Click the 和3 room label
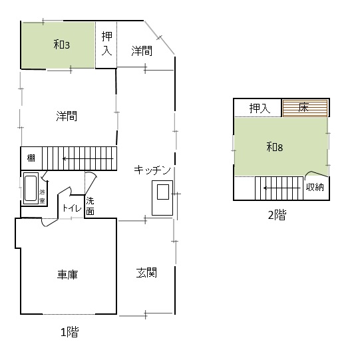coord(61,45)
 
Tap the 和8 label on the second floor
coord(274,147)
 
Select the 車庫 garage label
coord(67,274)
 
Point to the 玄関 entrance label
coord(146,272)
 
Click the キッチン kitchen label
coord(152,170)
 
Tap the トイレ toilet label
coord(72,208)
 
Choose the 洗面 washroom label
coord(90,206)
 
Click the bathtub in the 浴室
coord(31,188)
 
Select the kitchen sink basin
coord(163,192)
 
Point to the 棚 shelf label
coord(31,158)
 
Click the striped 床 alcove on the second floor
coord(305,108)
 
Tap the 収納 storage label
coord(315,187)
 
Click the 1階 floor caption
coord(70,332)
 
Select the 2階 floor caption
coord(277,215)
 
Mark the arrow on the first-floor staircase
coord(88,159)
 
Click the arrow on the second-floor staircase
coord(282,188)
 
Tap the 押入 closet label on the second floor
coord(260,108)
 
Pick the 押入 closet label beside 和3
coord(106,43)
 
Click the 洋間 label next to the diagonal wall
coord(142,51)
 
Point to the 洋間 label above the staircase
coord(67,116)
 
